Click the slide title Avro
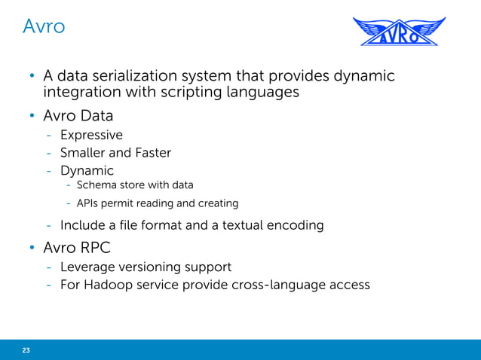tap(43, 26)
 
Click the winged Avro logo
tap(400, 31)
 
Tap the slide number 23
tap(26, 349)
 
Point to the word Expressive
tap(91, 135)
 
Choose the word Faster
tap(153, 152)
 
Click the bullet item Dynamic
tap(87, 170)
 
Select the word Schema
tap(97, 185)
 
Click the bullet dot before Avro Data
tap(32, 117)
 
